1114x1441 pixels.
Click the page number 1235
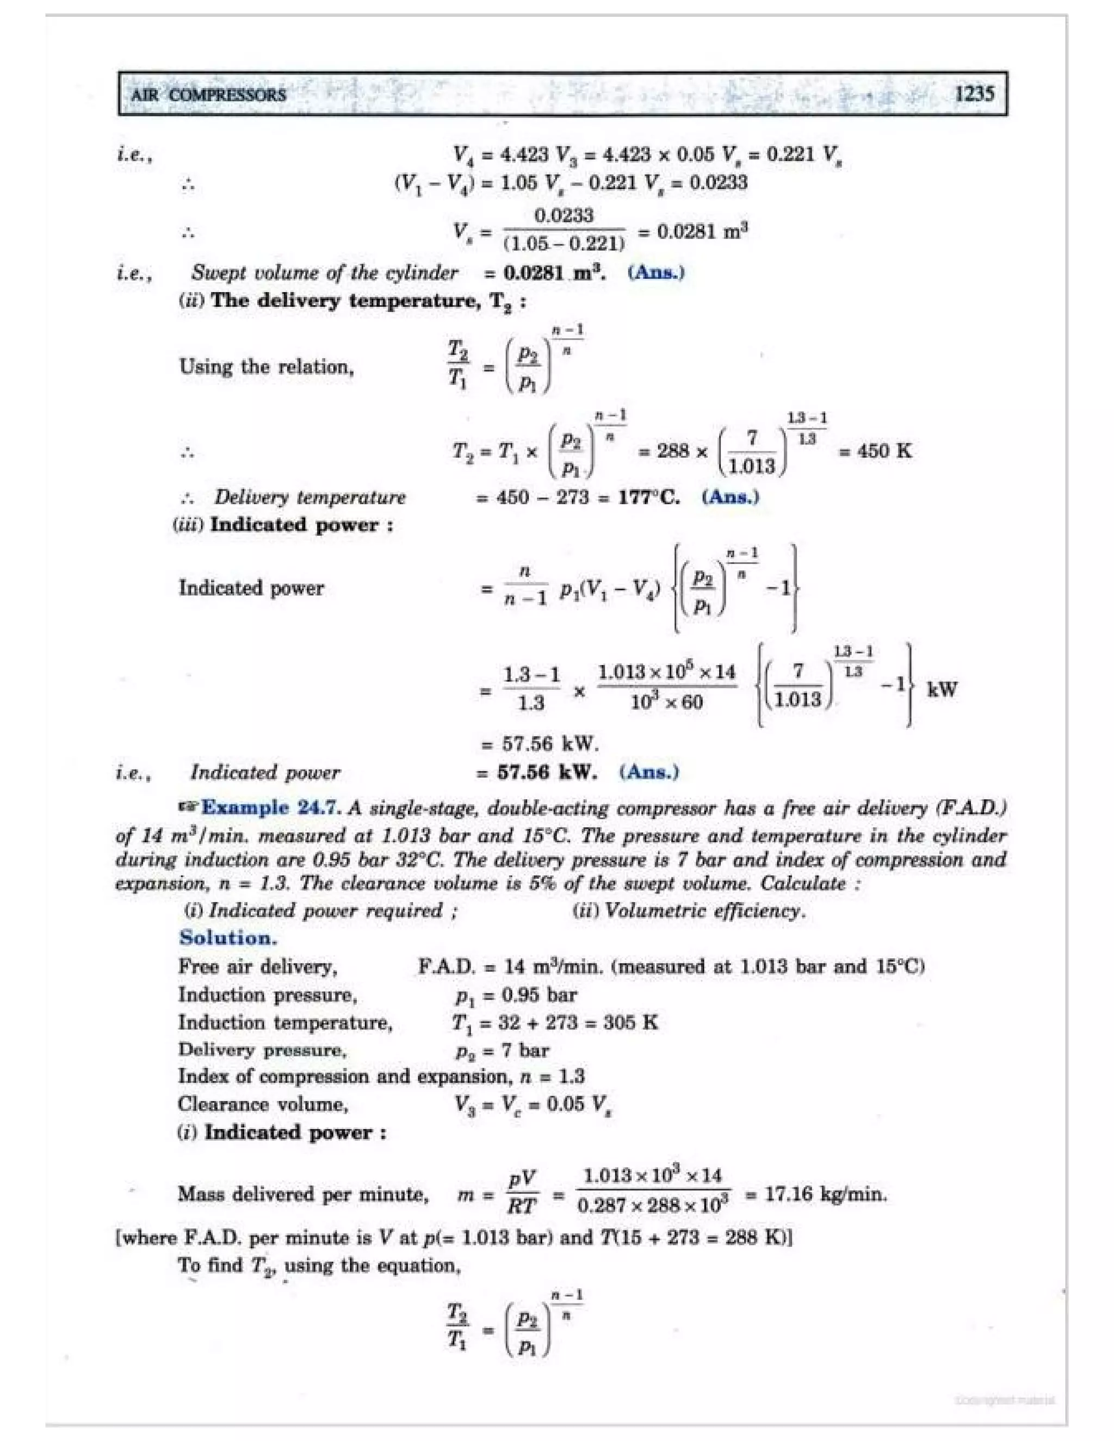pyautogui.click(x=974, y=94)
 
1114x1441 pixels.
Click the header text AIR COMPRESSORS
pyautogui.click(x=208, y=95)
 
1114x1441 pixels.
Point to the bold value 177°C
pyautogui.click(x=649, y=497)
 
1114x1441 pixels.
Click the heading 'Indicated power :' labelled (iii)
pyautogui.click(x=301, y=525)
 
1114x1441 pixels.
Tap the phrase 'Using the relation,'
pyautogui.click(x=267, y=367)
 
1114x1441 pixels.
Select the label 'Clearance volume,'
pyautogui.click(x=263, y=1104)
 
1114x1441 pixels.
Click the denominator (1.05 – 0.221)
pyautogui.click(x=564, y=244)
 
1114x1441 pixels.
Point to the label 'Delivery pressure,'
pyautogui.click(x=262, y=1049)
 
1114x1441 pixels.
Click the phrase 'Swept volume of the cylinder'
pyautogui.click(x=324, y=272)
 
